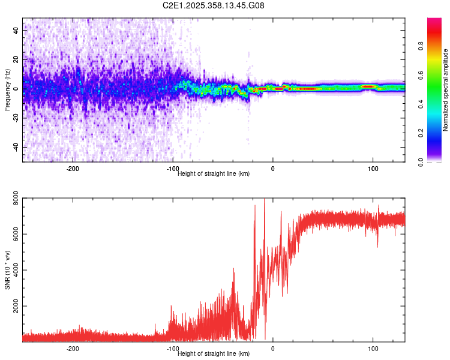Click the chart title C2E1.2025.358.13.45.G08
coord(214,5)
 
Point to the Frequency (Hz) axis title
coord(7,90)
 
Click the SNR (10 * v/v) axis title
coord(7,270)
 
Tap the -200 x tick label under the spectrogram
coord(73,169)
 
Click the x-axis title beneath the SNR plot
coord(214,353)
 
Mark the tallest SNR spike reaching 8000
coord(265,200)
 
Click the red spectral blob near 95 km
coord(368,87)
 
